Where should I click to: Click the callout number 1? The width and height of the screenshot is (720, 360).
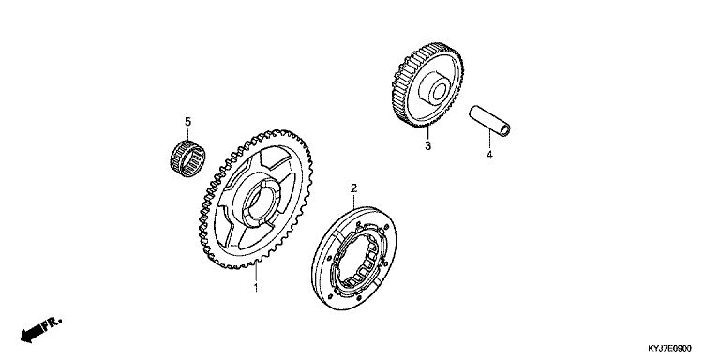tap(256, 288)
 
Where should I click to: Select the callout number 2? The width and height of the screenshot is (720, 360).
tap(353, 187)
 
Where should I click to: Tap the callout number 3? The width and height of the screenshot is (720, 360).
tap(427, 146)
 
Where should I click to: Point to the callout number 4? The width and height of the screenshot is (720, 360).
tap(489, 155)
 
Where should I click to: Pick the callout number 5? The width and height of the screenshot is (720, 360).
tap(187, 122)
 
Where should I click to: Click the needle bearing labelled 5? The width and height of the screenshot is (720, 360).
tap(187, 158)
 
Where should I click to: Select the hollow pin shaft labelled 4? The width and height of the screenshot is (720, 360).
tap(489, 121)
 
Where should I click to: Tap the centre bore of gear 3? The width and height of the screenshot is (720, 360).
tap(440, 90)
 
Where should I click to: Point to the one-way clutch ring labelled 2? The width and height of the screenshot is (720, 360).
tap(354, 258)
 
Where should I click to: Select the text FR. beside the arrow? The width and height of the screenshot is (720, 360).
tap(52, 323)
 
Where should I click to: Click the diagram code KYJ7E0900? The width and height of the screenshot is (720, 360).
tap(669, 349)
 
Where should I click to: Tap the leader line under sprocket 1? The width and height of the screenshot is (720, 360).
tap(256, 273)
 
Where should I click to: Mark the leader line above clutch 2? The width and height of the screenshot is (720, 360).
tap(353, 201)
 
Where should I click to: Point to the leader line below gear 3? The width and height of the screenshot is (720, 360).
tap(427, 134)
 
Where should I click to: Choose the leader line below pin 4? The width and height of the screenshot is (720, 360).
tap(489, 140)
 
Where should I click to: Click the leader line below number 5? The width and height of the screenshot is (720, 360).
tap(187, 135)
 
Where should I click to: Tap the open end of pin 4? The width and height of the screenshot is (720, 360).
tap(504, 130)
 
